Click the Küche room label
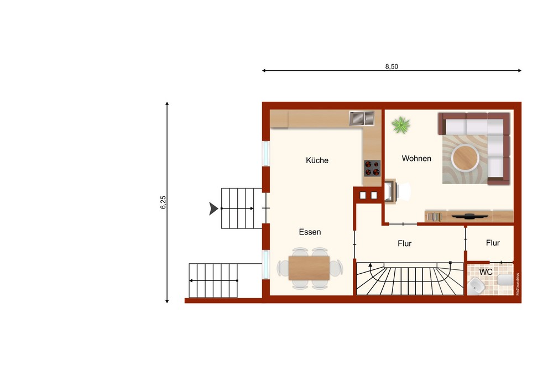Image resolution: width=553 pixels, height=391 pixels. pyautogui.click(x=317, y=160)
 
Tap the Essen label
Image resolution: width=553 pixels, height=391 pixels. pyautogui.click(x=310, y=232)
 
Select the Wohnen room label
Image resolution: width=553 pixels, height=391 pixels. pyautogui.click(x=416, y=159)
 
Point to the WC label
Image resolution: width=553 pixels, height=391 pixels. pyautogui.click(x=486, y=272)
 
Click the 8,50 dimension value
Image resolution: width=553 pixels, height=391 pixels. pyautogui.click(x=392, y=66)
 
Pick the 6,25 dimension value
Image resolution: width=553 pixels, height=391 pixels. pyautogui.click(x=163, y=202)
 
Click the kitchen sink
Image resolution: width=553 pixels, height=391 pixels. pyautogui.click(x=362, y=118)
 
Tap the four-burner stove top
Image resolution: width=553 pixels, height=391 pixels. pyautogui.click(x=372, y=168)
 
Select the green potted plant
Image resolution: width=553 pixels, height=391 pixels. pyautogui.click(x=401, y=126)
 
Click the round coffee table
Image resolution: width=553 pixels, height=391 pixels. pyautogui.click(x=465, y=158)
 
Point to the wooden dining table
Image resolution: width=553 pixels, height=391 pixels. pyautogui.click(x=309, y=268)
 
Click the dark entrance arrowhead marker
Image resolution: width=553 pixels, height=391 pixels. pyautogui.click(x=213, y=208)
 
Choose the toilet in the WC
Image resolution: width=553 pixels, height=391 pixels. pyautogui.click(x=505, y=280)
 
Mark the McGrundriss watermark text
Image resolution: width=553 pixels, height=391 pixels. pyautogui.click(x=518, y=284)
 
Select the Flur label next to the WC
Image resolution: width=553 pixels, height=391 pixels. pyautogui.click(x=493, y=243)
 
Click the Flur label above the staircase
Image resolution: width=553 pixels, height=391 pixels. pyautogui.click(x=405, y=244)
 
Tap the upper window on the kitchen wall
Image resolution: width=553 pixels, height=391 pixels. pyautogui.click(x=266, y=153)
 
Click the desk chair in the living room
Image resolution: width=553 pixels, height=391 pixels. pyautogui.click(x=404, y=191)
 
